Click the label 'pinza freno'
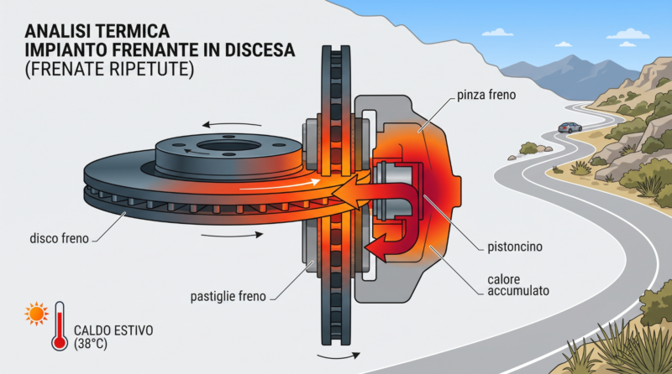(x=486, y=95)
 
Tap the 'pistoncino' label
(x=515, y=247)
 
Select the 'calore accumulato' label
(x=518, y=285)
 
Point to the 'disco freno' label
(x=59, y=238)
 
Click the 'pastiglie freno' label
(x=228, y=296)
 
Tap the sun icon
(x=36, y=314)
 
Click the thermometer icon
(x=59, y=326)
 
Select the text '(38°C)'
(x=91, y=344)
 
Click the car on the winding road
(x=570, y=127)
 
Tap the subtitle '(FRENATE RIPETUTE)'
(x=109, y=69)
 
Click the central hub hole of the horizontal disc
(x=222, y=147)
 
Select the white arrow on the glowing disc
(x=280, y=184)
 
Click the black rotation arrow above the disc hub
(x=232, y=124)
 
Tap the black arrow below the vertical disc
(x=339, y=356)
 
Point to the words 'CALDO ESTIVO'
(x=113, y=330)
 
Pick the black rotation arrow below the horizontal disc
(x=232, y=235)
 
